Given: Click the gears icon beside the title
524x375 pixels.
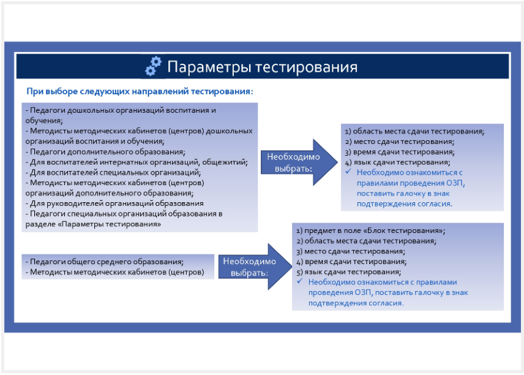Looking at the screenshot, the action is [154, 66].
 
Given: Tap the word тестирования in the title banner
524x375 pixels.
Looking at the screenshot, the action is [307, 67].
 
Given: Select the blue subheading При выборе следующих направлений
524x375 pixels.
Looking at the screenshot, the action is [140, 91].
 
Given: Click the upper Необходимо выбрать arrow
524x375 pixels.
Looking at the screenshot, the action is [299, 162].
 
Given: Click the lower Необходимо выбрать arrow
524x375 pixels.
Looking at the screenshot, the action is [255, 267].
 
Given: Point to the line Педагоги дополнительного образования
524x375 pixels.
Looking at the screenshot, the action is [105, 152].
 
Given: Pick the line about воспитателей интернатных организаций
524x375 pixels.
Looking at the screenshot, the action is [137, 162].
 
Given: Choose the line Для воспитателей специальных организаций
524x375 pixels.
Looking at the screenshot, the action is [113, 173].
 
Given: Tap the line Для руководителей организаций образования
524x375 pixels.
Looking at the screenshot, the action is [114, 203].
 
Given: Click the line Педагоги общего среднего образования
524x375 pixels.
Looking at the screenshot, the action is [105, 262].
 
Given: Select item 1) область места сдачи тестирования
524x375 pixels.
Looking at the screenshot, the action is [414, 131].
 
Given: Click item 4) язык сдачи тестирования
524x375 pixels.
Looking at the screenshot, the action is [398, 162].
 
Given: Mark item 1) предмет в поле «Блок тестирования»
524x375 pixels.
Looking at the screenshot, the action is [370, 230].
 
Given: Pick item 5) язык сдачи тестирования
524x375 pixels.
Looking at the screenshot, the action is [348, 271].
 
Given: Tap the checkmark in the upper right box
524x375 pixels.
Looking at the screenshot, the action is [348, 172].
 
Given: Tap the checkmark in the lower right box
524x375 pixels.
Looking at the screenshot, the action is [300, 281].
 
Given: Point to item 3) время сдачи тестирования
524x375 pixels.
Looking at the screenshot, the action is [400, 152].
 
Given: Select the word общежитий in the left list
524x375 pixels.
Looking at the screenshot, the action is [225, 162].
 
